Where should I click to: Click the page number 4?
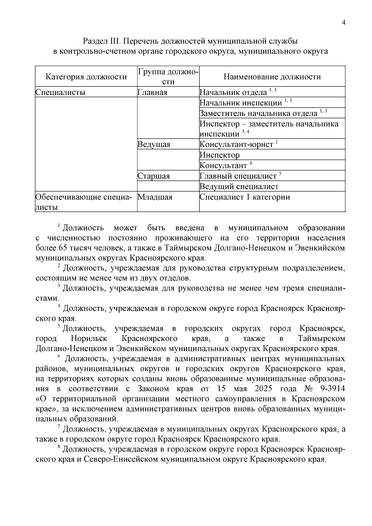tap(343, 23)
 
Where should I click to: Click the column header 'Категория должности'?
tap(86, 77)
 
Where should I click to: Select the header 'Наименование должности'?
tap(272, 77)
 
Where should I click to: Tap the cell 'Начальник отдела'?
tap(233, 92)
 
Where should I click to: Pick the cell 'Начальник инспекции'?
tap(241, 103)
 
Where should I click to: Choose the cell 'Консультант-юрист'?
tap(237, 144)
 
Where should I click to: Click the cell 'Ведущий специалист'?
tap(239, 187)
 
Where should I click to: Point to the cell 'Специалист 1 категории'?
tap(245, 197)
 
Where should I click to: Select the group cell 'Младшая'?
tap(155, 197)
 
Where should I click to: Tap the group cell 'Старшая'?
tap(154, 176)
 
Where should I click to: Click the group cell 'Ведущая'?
tap(154, 144)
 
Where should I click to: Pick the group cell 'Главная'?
tap(152, 92)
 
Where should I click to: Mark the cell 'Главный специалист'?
tap(238, 176)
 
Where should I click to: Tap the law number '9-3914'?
tap(330, 389)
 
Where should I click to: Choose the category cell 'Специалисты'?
tap(60, 92)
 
